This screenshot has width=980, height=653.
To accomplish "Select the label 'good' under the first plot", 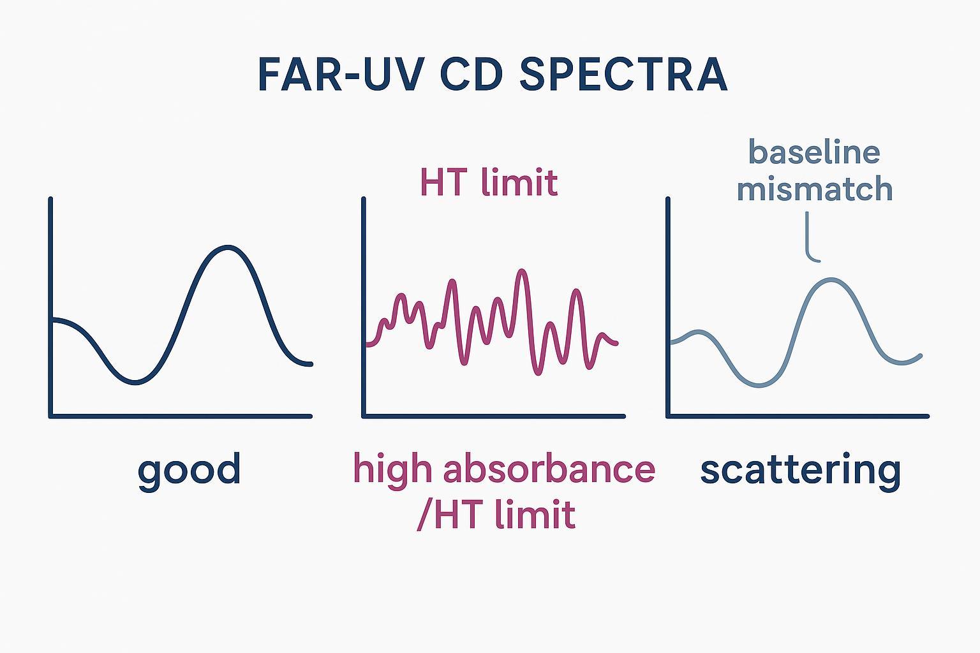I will pos(189,471).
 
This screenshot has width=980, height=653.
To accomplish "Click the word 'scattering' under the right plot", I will pos(800,469).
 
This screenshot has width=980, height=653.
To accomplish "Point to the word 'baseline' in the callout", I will pos(814,153).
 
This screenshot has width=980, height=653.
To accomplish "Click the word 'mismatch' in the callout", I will pos(814,189).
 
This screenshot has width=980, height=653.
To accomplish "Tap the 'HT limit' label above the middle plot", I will pos(489,183).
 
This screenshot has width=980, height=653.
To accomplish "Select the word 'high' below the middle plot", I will pos(390,469).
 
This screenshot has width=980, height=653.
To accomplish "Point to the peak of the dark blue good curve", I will pos(226,247).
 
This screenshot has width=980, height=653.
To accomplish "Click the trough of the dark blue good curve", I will pos(135,383).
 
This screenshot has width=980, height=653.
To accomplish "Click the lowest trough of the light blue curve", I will pos(759,385).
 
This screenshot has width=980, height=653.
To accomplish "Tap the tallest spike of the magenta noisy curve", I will pos(523,271).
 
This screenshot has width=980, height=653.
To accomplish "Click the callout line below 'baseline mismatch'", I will pos(809,239).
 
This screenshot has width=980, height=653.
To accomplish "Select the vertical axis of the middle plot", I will pos(364,306).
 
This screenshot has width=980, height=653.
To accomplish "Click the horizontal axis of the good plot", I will pos(181,416).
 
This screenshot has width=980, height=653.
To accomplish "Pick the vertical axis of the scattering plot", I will pos(668,306).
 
